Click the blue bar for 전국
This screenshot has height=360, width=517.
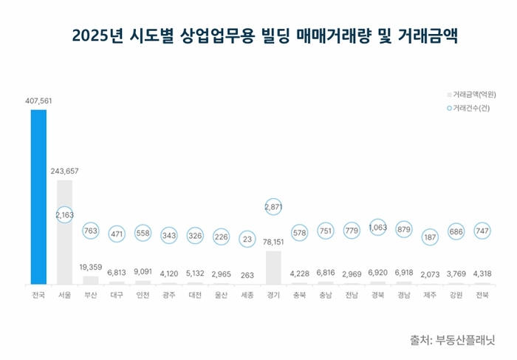(38, 197)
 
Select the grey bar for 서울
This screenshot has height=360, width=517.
(64, 231)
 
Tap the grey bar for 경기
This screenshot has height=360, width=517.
(273, 267)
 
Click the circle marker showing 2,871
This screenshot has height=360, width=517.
(273, 208)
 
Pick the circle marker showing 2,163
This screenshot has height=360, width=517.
(64, 215)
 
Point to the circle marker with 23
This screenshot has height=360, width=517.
(247, 239)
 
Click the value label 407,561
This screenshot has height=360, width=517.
(38, 101)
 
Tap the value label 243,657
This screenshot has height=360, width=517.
(64, 171)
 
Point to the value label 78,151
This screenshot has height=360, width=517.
(273, 242)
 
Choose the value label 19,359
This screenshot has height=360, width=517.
(91, 267)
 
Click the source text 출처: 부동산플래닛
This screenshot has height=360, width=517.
(452, 341)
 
